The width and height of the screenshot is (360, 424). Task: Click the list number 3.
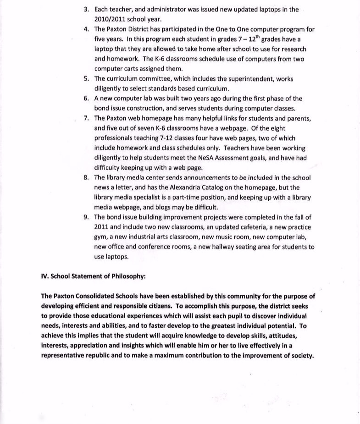pos(86,9)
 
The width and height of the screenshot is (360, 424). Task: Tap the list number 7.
pos(86,118)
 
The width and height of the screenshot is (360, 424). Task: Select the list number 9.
pos(86,217)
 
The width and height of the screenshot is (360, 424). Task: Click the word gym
pos(100,237)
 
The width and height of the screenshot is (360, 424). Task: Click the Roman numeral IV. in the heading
pos(44,276)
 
